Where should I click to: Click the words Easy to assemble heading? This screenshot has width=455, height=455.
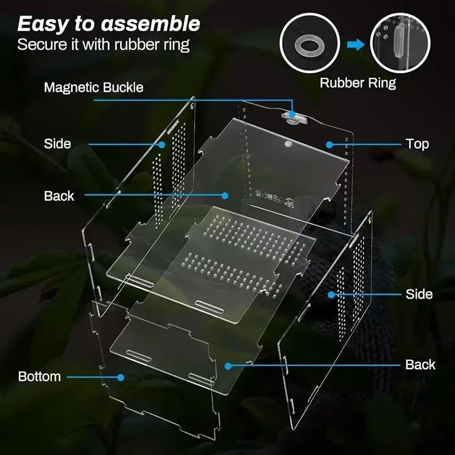pos(109,24)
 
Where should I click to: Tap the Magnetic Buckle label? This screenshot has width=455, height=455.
pos(94,88)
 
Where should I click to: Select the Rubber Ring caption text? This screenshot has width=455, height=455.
pos(358,83)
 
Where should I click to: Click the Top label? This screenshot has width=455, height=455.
pos(417,144)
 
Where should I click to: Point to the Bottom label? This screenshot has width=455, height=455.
pos(39,377)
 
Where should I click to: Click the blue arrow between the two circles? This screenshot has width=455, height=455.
pos(356,45)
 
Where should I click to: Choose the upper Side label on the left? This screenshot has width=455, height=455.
pos(57,144)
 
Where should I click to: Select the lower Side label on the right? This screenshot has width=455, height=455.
pos(419,294)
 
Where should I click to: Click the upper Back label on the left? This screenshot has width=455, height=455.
pos(59,196)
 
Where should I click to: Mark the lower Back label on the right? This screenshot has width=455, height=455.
pos(420,365)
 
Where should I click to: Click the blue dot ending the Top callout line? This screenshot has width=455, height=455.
pos(329,144)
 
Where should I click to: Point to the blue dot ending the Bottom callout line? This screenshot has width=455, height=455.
pos(121,377)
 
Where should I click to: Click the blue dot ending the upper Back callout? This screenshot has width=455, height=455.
pos(225,196)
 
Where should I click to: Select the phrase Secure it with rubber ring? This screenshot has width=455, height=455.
pos(103,44)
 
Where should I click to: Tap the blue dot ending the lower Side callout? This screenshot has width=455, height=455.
pos(331,294)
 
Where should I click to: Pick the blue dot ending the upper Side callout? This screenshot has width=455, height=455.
pos(163,144)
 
